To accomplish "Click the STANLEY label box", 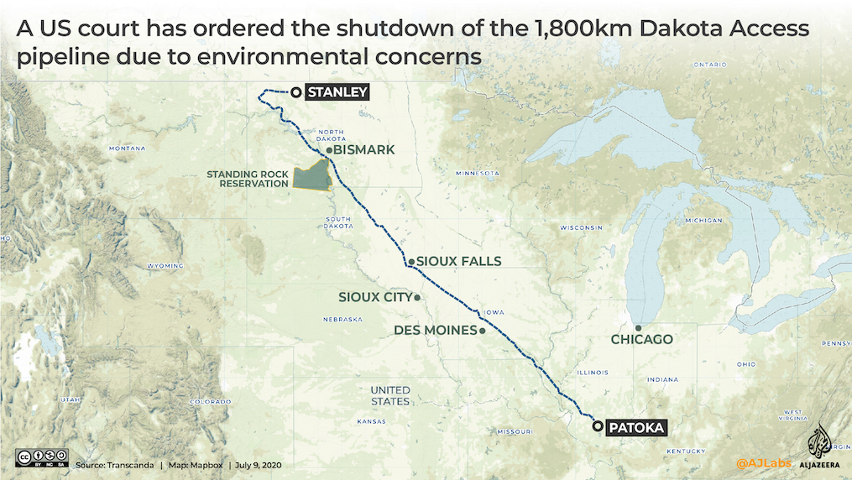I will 337,92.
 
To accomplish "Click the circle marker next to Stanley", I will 295,92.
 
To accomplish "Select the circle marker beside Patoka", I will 598,427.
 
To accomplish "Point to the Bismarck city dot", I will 329,150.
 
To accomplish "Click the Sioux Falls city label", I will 458,261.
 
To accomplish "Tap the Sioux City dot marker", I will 417,297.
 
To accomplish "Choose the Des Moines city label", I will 435,330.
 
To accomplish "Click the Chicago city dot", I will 638,328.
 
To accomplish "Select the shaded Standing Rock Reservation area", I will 312,175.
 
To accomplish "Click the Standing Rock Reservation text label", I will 248,179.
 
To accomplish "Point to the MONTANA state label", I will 128,149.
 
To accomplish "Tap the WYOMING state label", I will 165,265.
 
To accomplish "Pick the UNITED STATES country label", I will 390,396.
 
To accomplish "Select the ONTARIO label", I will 709,65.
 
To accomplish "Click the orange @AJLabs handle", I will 763,462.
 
